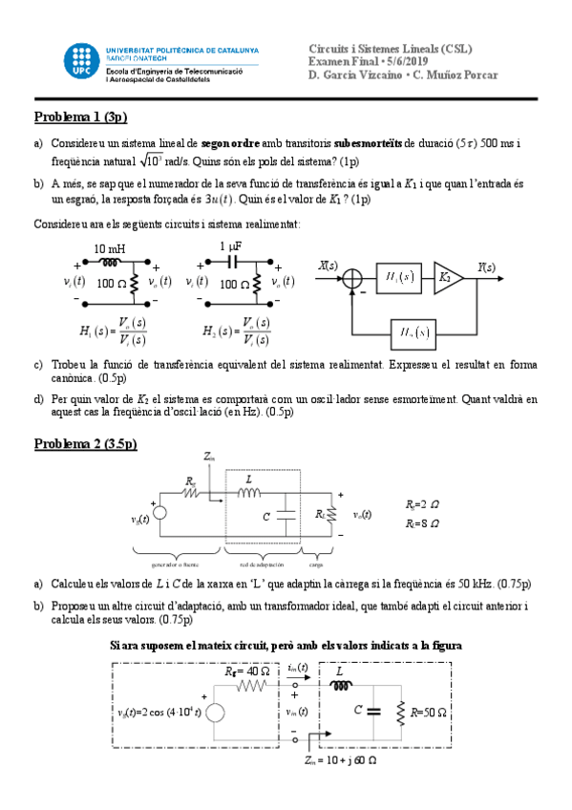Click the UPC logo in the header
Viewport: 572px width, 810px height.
78,61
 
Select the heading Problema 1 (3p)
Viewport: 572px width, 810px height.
80,117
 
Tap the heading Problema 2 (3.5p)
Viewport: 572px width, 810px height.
86,443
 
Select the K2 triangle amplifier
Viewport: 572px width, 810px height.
446,277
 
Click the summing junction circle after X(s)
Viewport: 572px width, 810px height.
353,278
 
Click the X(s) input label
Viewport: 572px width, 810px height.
328,266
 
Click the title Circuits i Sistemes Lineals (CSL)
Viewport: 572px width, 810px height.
391,48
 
